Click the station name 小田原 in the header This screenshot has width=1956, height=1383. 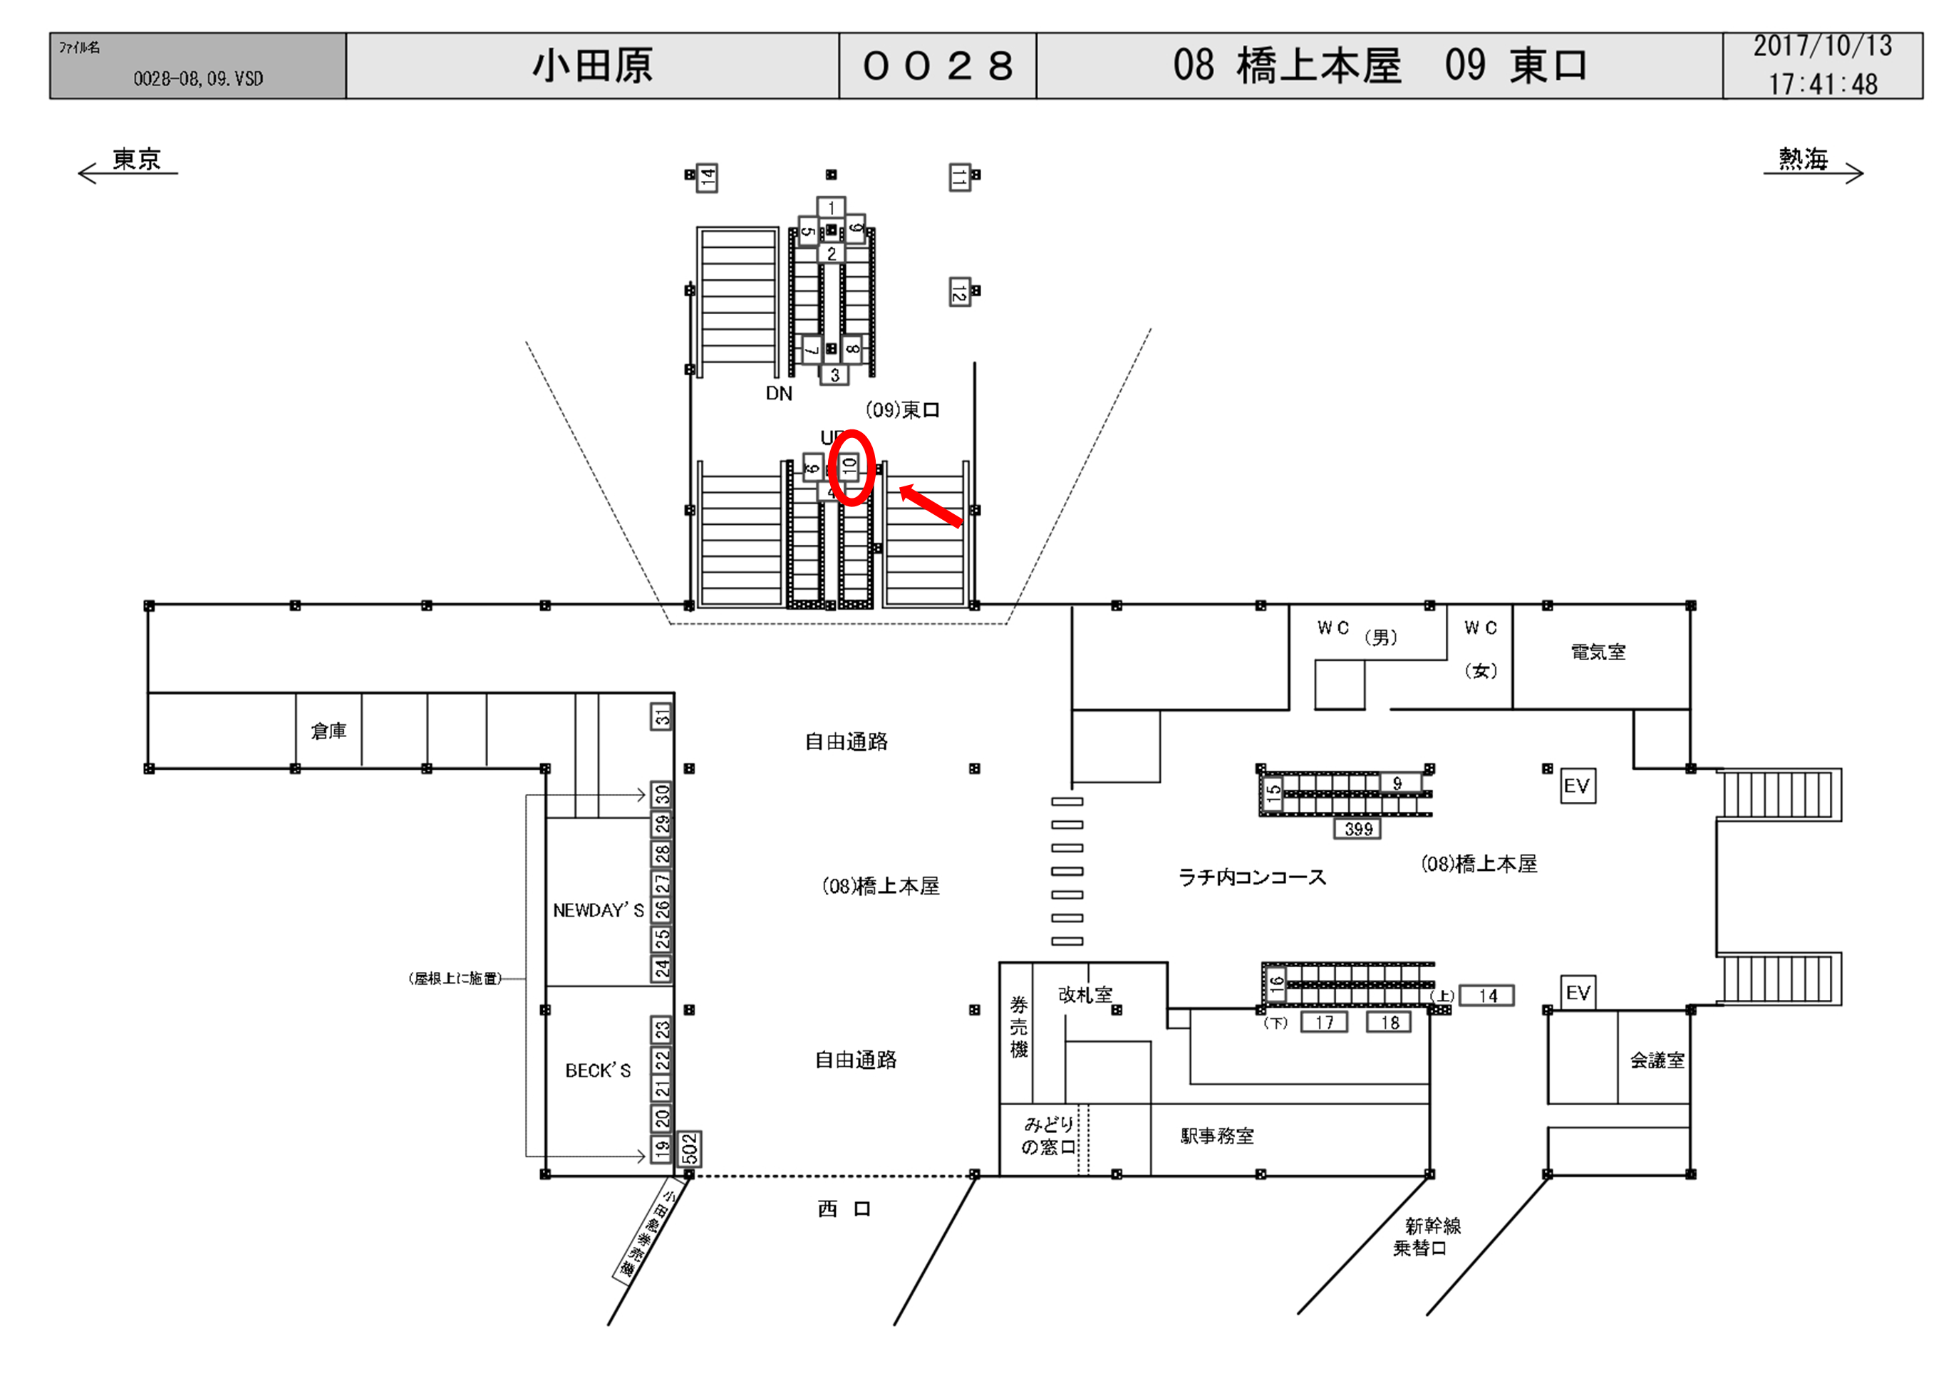592,66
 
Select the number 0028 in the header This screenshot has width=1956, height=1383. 937,66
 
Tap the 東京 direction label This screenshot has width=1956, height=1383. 136,160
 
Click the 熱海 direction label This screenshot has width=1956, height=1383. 1803,160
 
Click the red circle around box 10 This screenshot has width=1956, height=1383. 851,468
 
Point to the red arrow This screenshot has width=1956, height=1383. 931,506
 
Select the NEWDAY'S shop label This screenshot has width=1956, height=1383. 598,910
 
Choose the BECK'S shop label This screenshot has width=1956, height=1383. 598,1070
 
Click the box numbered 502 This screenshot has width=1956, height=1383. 689,1149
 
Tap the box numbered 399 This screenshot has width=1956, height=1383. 1358,829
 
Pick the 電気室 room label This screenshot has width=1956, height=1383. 1598,652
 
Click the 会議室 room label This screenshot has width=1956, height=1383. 1657,1060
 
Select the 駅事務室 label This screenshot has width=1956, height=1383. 1216,1136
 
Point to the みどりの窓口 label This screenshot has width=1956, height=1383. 1049,1136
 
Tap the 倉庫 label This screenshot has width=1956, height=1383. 328,731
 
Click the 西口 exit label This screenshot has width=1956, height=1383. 844,1209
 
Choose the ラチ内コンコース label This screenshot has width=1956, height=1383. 1251,877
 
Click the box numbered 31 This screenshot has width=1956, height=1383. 662,717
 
